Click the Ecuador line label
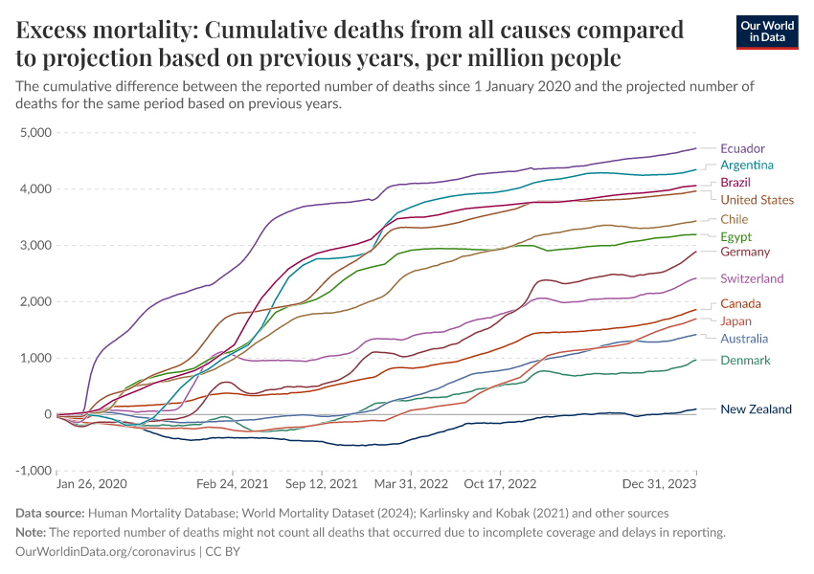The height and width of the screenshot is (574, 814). (742, 148)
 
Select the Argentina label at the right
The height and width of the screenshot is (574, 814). (747, 166)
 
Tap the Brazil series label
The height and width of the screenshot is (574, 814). (735, 183)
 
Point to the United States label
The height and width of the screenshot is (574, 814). (757, 200)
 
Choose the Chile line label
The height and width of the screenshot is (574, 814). (734, 219)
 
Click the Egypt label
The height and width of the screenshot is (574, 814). (735, 236)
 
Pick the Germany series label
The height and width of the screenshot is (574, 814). (745, 252)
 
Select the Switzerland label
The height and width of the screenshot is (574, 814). (752, 278)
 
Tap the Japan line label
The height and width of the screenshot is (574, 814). (735, 321)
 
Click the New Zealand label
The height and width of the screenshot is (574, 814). (756, 409)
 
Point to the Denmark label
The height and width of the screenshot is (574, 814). (745, 361)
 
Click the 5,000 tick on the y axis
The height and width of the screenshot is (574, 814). (34, 132)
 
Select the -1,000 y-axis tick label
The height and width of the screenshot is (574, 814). (33, 471)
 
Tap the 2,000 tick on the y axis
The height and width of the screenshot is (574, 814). (34, 301)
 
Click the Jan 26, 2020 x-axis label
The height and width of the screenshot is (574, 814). (91, 485)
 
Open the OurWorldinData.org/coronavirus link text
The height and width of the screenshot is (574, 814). (105, 552)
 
